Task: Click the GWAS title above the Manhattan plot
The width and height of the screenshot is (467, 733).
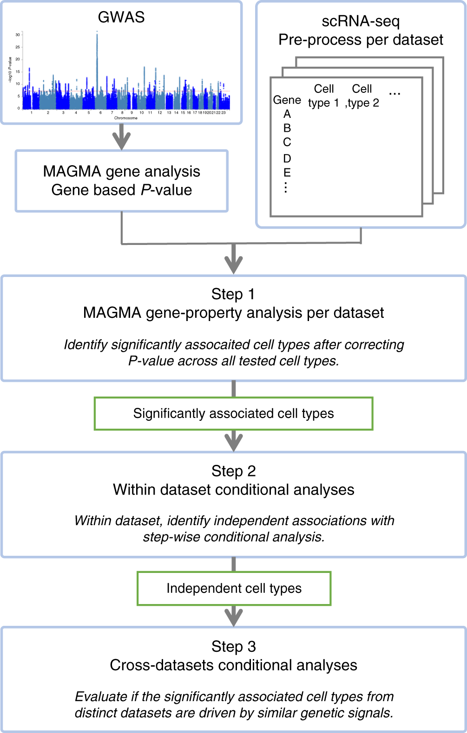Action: [x=121, y=17]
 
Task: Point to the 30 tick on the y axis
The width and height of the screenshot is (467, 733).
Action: [x=18, y=35]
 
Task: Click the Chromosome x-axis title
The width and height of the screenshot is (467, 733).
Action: [x=125, y=118]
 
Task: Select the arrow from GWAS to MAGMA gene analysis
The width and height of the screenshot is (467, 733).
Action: [x=122, y=137]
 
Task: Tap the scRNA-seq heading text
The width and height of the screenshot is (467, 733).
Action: [x=361, y=21]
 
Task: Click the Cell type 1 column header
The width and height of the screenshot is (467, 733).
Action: [x=323, y=96]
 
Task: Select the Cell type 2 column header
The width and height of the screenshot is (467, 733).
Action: [x=362, y=96]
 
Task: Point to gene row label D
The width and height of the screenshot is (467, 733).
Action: [x=287, y=158]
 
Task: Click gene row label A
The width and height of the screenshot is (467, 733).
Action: [x=287, y=114]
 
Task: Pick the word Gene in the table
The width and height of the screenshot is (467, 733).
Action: [x=287, y=100]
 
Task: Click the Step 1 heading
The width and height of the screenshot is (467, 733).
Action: [x=233, y=294]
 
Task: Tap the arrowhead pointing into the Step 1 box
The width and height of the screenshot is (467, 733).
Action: [x=234, y=265]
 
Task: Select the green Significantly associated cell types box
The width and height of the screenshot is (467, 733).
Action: [x=233, y=413]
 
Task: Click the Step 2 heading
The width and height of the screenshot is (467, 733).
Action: [x=233, y=471]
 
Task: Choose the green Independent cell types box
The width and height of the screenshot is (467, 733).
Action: [x=234, y=588]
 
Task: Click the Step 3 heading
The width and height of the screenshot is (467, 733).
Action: [x=233, y=646]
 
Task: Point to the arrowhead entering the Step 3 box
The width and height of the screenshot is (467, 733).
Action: [x=234, y=617]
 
